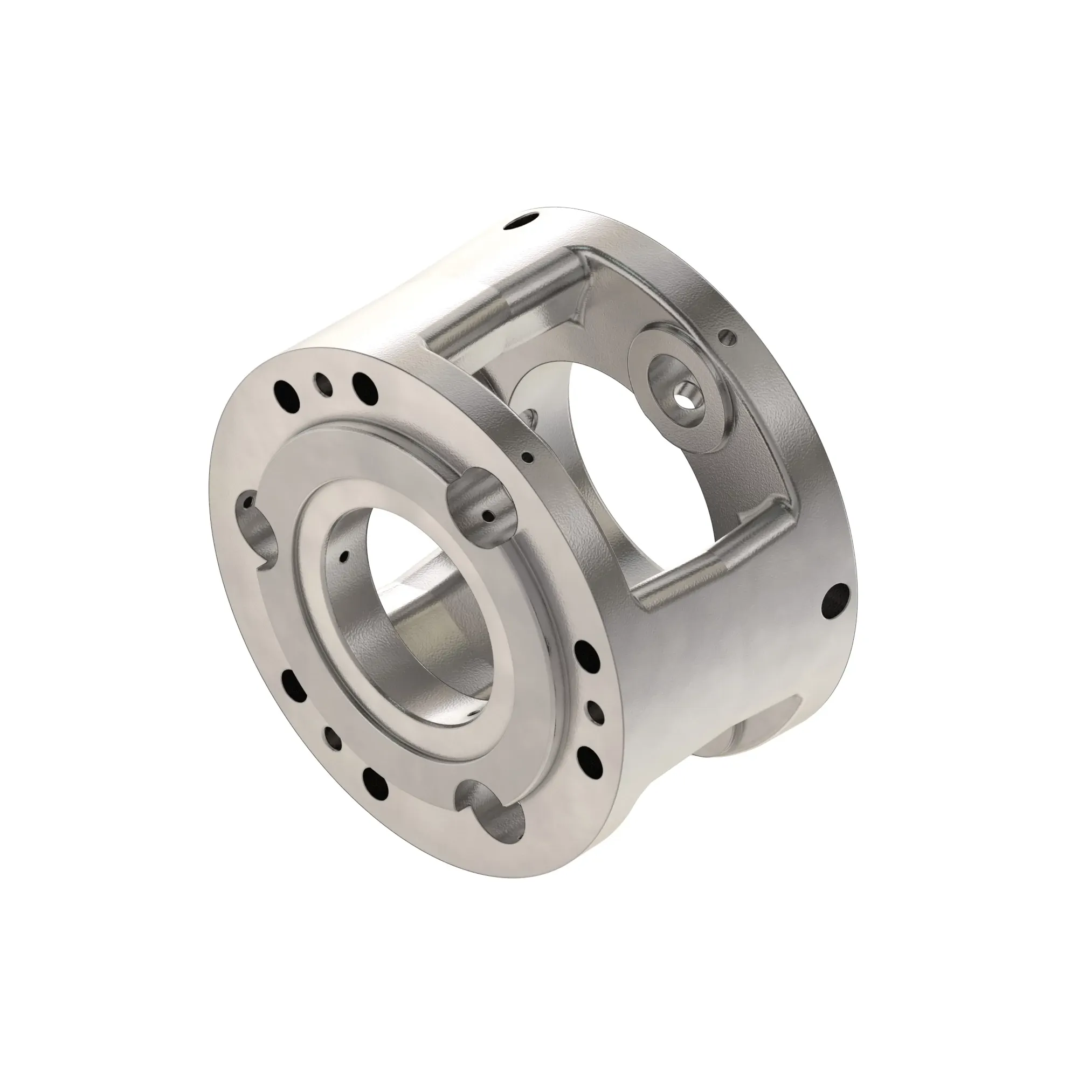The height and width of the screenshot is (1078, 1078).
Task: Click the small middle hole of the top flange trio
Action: coord(321,384)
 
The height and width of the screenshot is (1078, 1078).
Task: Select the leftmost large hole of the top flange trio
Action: coord(285,389)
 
